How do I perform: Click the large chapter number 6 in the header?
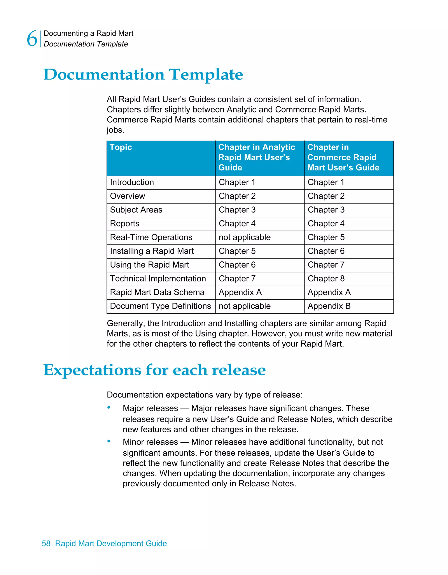[32, 39]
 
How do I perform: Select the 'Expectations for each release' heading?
[154, 370]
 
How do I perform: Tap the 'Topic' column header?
[121, 147]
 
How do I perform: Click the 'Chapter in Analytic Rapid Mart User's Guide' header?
[257, 157]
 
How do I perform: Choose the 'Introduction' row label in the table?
[132, 182]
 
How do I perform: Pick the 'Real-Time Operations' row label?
[151, 237]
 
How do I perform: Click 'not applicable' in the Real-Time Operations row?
[245, 237]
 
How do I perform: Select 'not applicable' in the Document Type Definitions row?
[245, 306]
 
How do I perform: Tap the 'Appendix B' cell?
[329, 306]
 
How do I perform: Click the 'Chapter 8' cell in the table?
[326, 279]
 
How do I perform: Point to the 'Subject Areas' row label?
[136, 210]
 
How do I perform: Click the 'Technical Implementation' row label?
[158, 279]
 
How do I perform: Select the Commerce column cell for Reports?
[326, 224]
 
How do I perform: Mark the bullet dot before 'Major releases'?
[109, 408]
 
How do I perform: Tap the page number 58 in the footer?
[46, 543]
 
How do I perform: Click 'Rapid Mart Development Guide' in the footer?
[111, 543]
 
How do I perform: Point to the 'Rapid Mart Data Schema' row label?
[157, 292]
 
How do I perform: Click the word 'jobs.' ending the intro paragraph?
[115, 130]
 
